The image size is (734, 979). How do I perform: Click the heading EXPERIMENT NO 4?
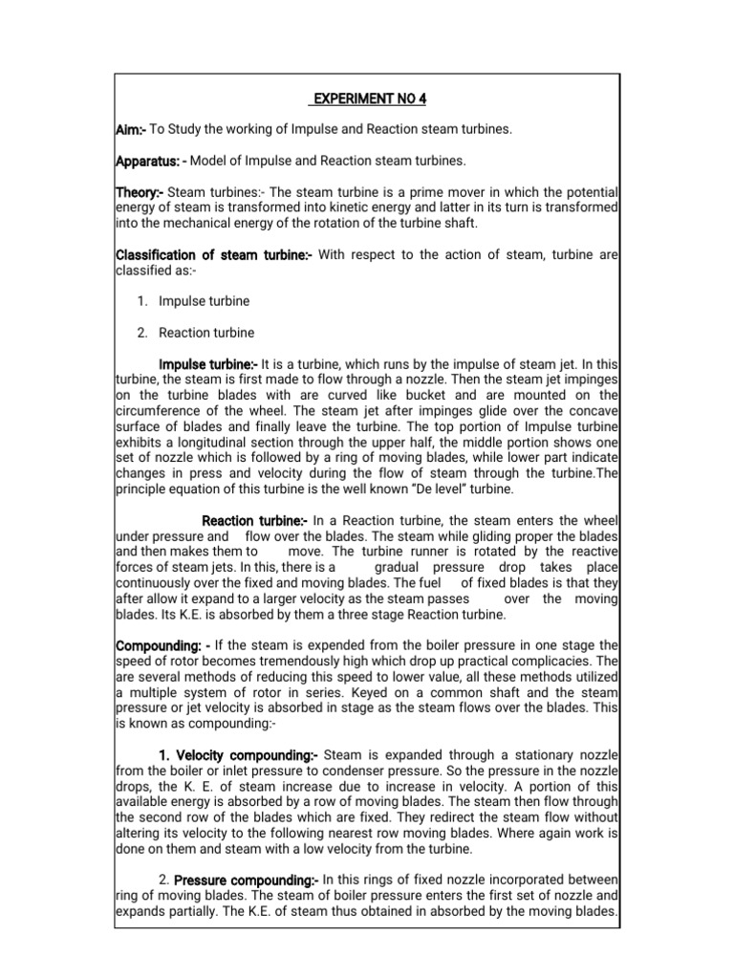click(366, 98)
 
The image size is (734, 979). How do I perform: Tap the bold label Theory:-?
click(140, 192)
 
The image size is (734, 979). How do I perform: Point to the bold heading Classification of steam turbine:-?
click(214, 254)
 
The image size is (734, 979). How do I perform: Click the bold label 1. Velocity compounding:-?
click(240, 754)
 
